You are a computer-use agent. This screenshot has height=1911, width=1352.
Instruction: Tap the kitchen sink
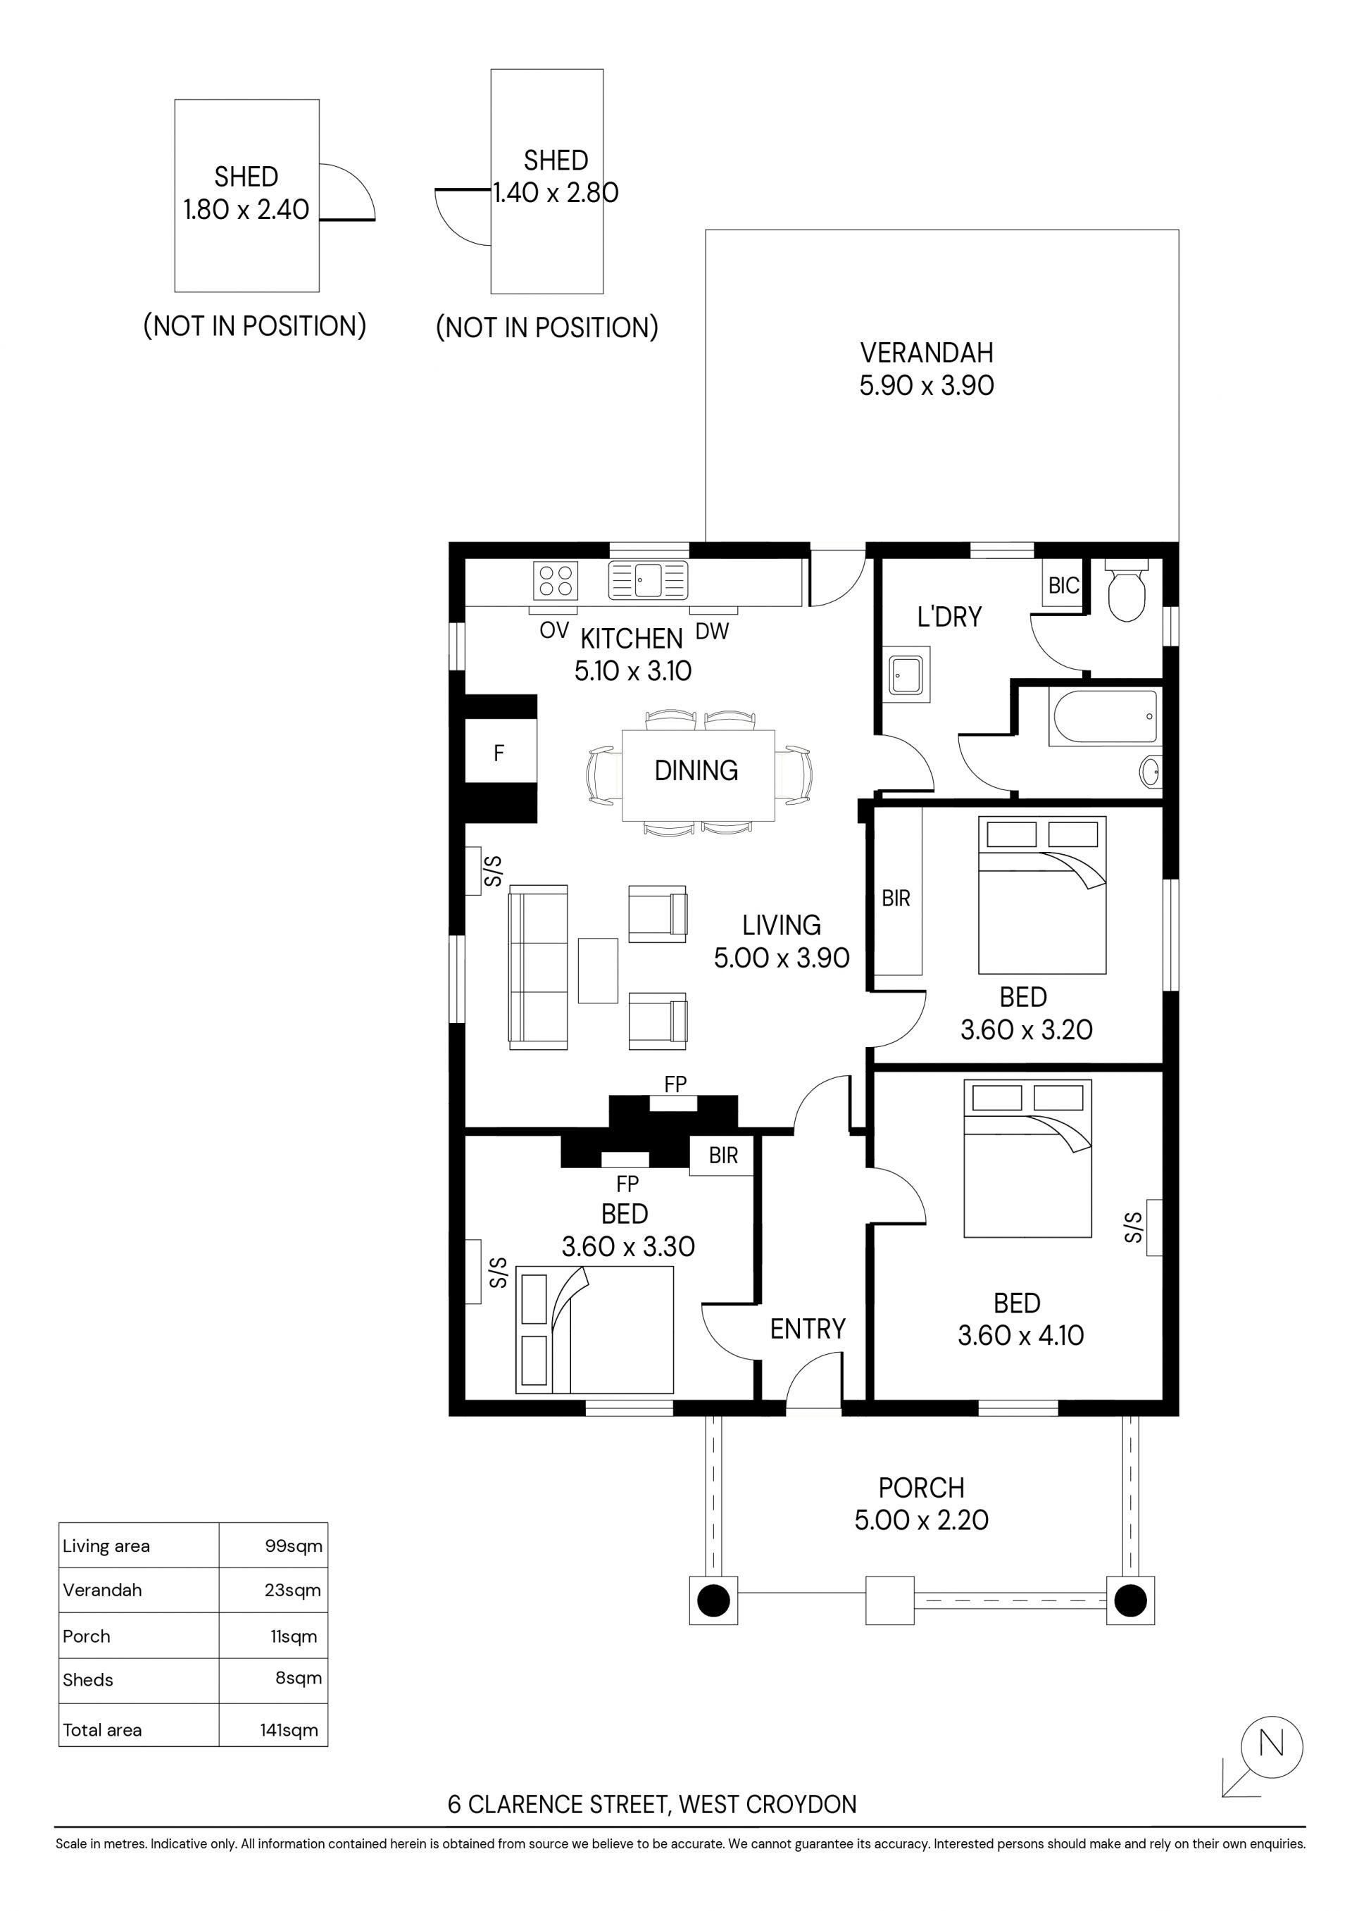(649, 580)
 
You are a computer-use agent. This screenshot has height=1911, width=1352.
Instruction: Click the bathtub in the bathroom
(1105, 717)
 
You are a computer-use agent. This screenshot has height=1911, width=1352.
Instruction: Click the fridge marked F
(499, 753)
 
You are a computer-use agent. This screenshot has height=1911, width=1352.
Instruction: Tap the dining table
(699, 774)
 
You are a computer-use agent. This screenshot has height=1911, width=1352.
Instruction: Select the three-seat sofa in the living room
(538, 966)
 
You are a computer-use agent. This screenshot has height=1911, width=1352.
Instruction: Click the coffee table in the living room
(598, 970)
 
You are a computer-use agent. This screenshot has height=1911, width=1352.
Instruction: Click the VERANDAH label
(927, 353)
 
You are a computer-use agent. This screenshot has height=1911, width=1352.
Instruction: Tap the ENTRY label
(808, 1329)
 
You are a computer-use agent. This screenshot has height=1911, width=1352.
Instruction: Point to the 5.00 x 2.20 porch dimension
(922, 1521)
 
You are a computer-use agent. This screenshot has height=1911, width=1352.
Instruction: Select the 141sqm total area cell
(289, 1730)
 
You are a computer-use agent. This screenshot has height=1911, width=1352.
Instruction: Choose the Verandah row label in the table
(102, 1591)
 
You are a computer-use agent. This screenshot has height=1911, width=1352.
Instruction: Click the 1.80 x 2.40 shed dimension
(246, 210)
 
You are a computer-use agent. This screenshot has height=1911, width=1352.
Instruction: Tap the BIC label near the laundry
(1064, 586)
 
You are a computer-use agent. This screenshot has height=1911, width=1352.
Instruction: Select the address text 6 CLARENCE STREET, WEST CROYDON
(652, 1805)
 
